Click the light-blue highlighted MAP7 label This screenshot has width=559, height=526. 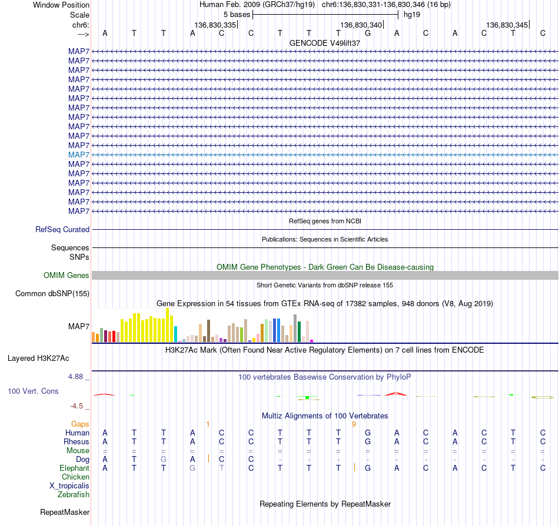coord(79,155)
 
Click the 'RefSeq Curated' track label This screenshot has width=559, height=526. coord(62,230)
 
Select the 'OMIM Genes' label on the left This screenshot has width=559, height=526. coord(66,275)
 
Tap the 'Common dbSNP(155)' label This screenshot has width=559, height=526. coord(52,293)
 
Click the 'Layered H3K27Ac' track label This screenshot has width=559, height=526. coord(38,359)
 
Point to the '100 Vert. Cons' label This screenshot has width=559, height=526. coord(33,391)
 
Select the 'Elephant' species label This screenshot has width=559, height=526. coord(75,468)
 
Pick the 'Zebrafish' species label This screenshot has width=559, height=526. coord(74,495)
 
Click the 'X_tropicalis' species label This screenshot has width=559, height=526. coord(69,486)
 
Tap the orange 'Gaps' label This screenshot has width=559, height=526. coord(80,424)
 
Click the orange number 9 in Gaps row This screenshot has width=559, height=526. coord(354,424)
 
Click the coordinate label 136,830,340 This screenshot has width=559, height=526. coord(361,25)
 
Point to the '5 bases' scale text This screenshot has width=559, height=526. coord(237,15)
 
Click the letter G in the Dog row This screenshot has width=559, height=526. coord(163,460)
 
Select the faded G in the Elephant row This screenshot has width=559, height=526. coord(192,468)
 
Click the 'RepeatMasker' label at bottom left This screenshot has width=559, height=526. coord(65,512)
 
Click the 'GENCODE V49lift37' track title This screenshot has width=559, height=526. coord(325,43)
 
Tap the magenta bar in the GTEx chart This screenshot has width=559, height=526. coord(312,341)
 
